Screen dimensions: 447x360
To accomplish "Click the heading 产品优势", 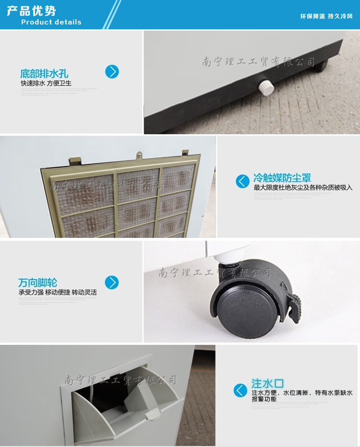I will [31, 11].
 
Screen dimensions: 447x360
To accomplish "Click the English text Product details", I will [51, 22].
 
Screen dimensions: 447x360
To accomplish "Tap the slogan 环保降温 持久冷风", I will [326, 16].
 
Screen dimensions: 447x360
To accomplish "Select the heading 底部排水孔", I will [44, 74].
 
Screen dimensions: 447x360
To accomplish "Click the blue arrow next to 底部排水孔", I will [112, 72].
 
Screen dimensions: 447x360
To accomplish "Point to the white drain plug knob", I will [265, 87].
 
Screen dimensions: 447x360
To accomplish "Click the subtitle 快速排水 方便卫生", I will [46, 83].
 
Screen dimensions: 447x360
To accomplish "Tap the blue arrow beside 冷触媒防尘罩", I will [242, 181].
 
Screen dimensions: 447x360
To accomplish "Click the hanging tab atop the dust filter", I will [139, 155].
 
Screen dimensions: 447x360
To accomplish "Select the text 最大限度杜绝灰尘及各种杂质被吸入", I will [303, 188].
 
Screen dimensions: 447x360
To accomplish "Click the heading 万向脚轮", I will [37, 282].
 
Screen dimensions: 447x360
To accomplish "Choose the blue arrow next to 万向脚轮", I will [112, 282].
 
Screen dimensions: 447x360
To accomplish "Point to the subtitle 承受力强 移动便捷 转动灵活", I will [58, 292].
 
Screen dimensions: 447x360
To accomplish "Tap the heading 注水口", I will [268, 384].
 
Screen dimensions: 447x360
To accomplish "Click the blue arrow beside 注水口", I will [240, 390].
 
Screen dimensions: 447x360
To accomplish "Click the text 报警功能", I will [264, 399].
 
